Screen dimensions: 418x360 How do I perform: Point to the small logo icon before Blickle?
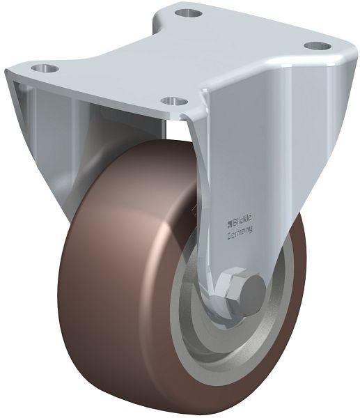(230, 224)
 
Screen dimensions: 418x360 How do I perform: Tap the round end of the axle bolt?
(251, 287)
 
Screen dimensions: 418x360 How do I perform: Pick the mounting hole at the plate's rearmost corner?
(187, 13)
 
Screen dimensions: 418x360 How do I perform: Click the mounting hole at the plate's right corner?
(318, 46)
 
